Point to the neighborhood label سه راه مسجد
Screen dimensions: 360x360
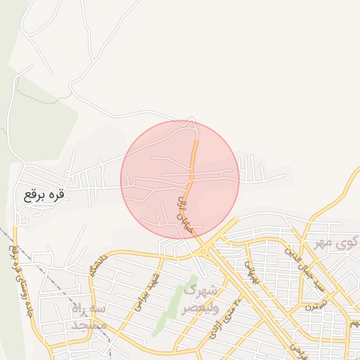point(88,317)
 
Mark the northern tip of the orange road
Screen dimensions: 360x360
point(197,141)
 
